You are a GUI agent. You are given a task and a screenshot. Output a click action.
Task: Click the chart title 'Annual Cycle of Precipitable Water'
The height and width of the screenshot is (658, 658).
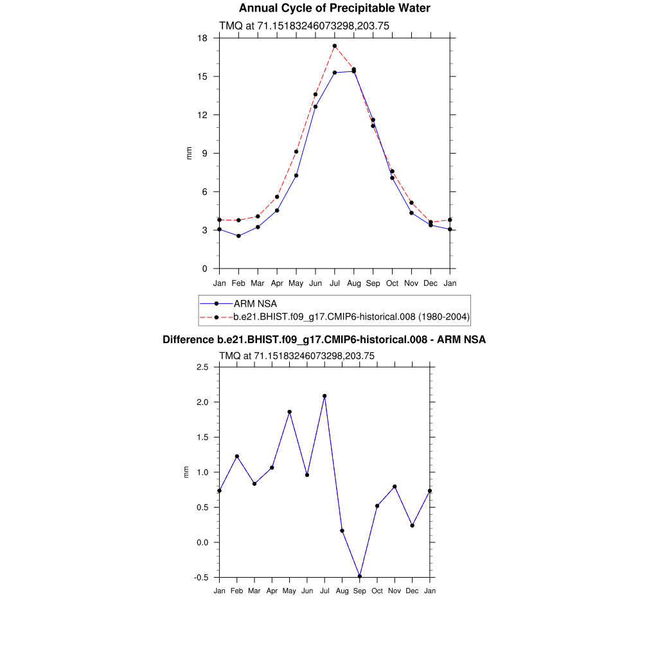click(334, 8)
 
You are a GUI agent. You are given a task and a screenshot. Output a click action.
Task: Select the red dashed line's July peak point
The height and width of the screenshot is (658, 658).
click(335, 46)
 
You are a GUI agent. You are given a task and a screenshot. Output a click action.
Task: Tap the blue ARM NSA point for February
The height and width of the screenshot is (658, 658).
click(238, 236)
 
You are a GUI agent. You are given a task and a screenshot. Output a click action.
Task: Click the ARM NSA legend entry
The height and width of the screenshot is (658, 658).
click(255, 303)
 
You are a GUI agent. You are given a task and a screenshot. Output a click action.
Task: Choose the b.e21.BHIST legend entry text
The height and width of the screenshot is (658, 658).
click(351, 317)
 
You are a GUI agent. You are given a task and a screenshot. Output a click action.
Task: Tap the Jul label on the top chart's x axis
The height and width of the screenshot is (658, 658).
click(335, 283)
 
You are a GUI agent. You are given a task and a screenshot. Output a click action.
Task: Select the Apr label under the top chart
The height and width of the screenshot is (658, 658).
click(277, 283)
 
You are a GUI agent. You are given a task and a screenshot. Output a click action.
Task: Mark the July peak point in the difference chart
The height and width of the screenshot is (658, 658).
click(325, 396)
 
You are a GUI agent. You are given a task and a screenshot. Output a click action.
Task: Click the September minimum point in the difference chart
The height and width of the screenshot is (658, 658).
click(360, 576)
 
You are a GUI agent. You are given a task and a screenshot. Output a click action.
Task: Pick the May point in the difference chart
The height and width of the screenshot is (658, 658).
click(290, 412)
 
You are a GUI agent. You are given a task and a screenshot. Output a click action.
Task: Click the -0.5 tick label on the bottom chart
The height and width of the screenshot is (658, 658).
click(202, 578)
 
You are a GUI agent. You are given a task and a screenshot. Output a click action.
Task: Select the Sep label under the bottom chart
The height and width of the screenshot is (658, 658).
click(360, 591)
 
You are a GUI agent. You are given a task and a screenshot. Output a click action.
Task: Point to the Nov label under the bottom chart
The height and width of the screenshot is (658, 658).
click(395, 591)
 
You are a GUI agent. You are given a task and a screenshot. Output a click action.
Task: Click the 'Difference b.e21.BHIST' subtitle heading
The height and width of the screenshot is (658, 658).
click(324, 339)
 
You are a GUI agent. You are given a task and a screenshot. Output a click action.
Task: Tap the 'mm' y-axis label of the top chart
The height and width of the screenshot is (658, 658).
click(189, 153)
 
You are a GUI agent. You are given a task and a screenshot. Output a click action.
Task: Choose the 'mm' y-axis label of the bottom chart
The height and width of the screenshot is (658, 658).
click(187, 472)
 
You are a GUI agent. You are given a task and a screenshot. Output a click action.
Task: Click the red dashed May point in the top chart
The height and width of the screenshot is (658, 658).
click(296, 152)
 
